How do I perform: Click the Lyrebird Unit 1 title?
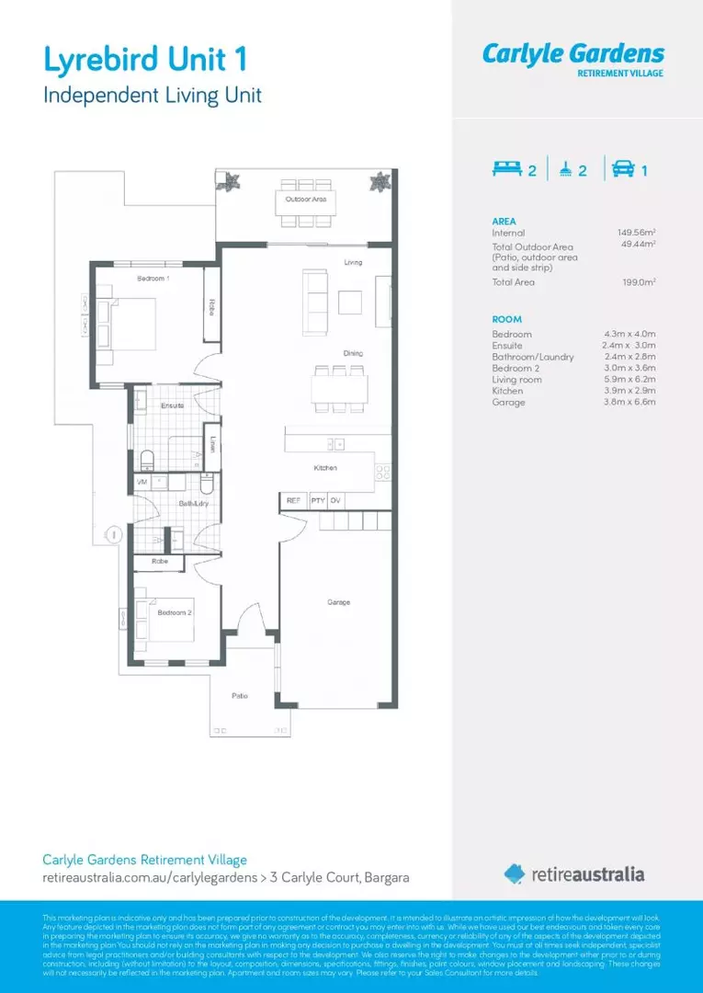(144, 61)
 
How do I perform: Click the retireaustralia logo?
(573, 873)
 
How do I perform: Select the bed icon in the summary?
(505, 169)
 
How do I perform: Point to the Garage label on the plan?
(338, 602)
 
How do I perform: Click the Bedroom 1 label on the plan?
(153, 278)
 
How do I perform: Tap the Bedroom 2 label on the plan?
(175, 612)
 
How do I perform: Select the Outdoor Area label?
(305, 199)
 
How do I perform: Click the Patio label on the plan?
(239, 696)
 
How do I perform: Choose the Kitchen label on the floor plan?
(325, 468)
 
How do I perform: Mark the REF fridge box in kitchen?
(293, 500)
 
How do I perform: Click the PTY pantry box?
(317, 500)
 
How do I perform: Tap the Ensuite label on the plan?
(172, 405)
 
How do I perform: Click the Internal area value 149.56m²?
(636, 234)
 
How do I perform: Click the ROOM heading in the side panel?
(506, 319)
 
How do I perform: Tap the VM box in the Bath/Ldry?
(142, 481)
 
